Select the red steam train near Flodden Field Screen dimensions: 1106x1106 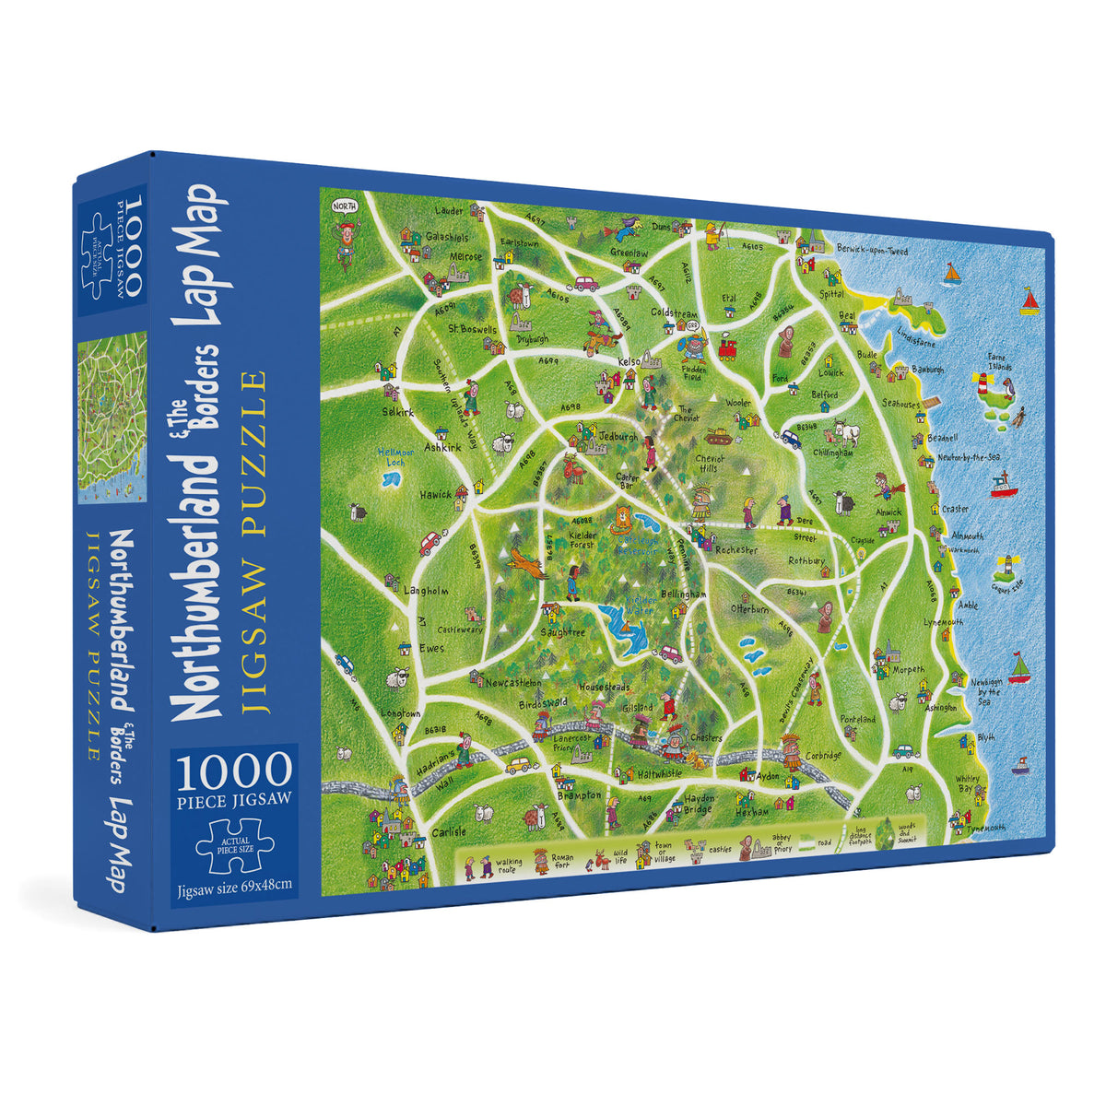pyautogui.click(x=728, y=349)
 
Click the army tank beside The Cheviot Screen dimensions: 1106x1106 pyautogui.click(x=717, y=435)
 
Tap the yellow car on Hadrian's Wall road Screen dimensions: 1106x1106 pyautogui.click(x=518, y=764)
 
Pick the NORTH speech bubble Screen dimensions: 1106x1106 pyautogui.click(x=344, y=205)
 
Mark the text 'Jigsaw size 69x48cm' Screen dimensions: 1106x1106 pyautogui.click(x=234, y=886)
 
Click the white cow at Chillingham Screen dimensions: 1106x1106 pyautogui.click(x=845, y=432)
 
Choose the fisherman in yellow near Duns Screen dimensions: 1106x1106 pyautogui.click(x=712, y=237)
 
